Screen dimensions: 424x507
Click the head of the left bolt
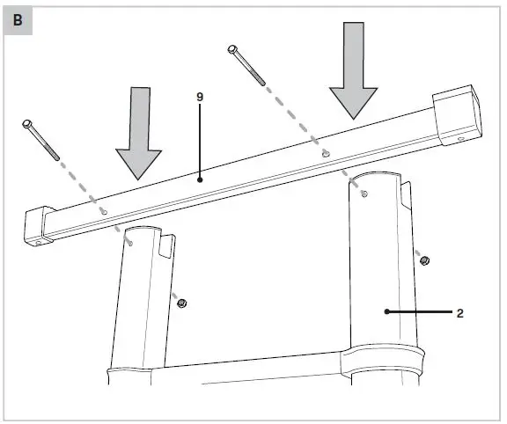pyautogui.click(x=27, y=123)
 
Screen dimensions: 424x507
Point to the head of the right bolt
pyautogui.click(x=233, y=49)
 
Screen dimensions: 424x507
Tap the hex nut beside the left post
pyautogui.click(x=182, y=303)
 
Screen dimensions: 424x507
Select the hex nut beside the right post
pyautogui.click(x=423, y=260)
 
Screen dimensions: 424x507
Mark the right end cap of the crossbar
pyautogui.click(x=459, y=115)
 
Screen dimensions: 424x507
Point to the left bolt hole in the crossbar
pyautogui.click(x=104, y=212)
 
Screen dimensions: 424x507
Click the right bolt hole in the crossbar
pyautogui.click(x=325, y=153)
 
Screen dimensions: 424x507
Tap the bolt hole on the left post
pyautogui.click(x=130, y=245)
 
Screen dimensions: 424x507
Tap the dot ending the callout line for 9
pyautogui.click(x=201, y=179)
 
